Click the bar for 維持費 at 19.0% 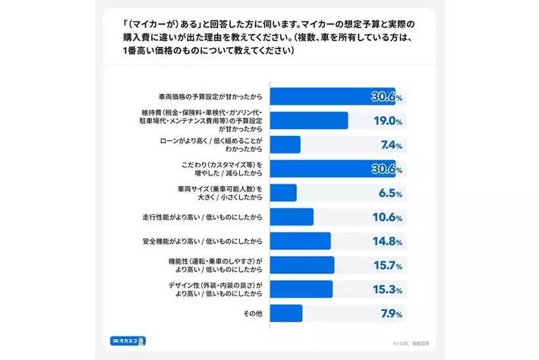tap(309, 121)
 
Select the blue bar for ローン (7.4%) tap(285, 145)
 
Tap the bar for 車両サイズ tap(283, 193)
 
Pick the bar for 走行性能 tap(292, 217)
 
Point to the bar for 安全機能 tap(301, 242)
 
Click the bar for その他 tap(286, 313)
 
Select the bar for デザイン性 tap(301, 289)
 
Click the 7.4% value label tap(388, 145)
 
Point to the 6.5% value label tap(388, 193)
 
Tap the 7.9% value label tap(388, 313)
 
